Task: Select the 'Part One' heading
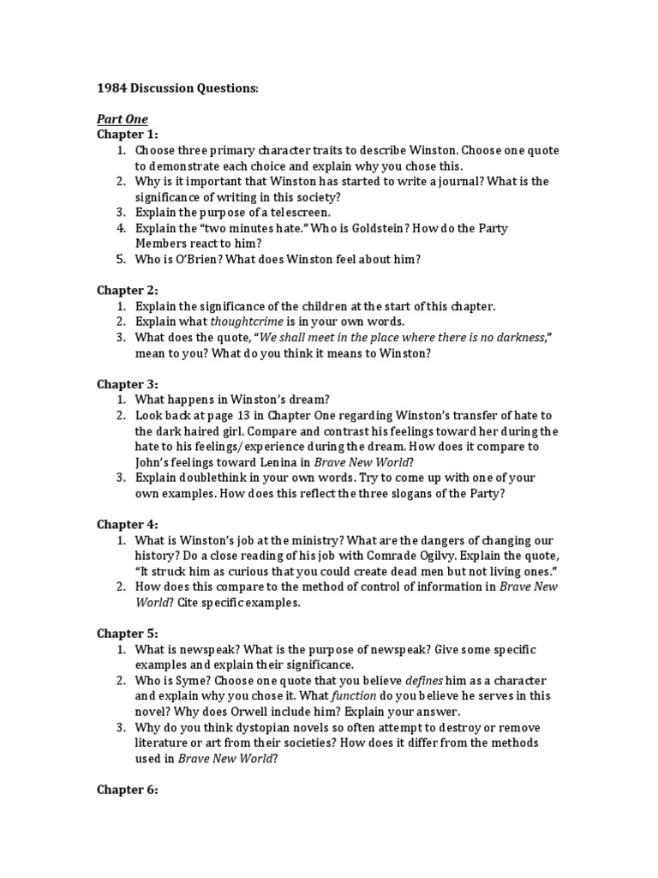[x=123, y=119]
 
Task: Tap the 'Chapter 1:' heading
[x=127, y=135]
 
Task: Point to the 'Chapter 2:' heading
[x=127, y=291]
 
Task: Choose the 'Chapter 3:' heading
[x=127, y=384]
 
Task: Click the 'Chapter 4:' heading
[x=127, y=524]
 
